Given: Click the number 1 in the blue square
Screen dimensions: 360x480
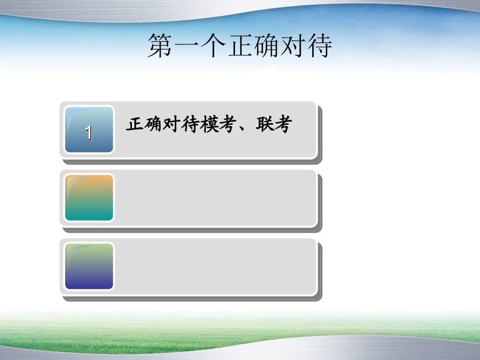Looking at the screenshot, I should (x=89, y=133).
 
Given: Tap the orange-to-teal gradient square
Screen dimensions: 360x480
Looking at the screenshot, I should (x=89, y=198).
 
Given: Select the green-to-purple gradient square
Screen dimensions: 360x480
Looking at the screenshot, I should (x=89, y=267).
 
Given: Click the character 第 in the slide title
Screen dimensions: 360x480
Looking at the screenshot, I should (x=161, y=46).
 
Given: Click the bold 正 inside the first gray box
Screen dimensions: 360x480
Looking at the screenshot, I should (x=134, y=124).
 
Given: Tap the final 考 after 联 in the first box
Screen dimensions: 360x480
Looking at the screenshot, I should (x=283, y=124).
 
